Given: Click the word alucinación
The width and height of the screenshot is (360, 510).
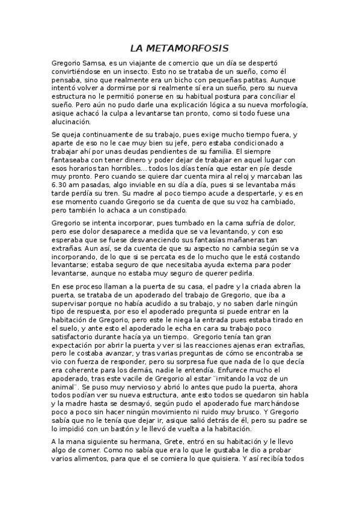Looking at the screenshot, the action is [74, 121].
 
